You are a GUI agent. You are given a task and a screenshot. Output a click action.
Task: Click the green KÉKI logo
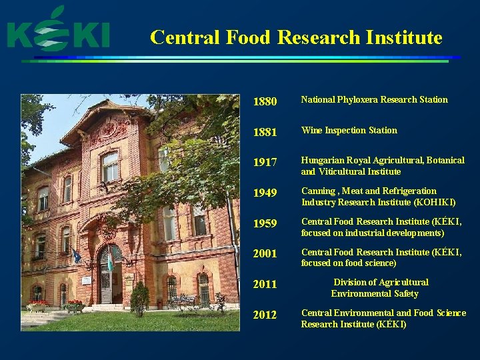click(x=58, y=31)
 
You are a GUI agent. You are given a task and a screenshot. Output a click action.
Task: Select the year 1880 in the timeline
click(x=265, y=102)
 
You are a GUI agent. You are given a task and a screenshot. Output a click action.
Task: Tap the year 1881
click(x=265, y=132)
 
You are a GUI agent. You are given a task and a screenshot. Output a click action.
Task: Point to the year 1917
click(x=265, y=163)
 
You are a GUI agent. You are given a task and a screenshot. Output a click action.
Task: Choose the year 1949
click(x=265, y=193)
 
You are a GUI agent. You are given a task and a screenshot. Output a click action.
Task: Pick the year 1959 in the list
click(x=265, y=224)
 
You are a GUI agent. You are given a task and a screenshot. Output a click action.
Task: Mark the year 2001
click(x=265, y=254)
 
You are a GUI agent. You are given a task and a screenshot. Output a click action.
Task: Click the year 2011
click(x=265, y=285)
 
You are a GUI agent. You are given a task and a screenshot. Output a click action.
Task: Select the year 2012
click(x=265, y=315)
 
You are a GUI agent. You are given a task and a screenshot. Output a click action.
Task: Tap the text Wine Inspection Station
click(x=349, y=131)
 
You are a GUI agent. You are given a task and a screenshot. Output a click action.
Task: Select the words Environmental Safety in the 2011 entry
click(x=375, y=293)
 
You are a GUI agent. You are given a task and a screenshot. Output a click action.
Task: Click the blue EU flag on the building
click(x=77, y=256)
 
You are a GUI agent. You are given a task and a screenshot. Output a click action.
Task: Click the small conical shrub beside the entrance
click(x=139, y=299)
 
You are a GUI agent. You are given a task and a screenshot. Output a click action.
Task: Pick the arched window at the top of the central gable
click(x=110, y=165)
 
